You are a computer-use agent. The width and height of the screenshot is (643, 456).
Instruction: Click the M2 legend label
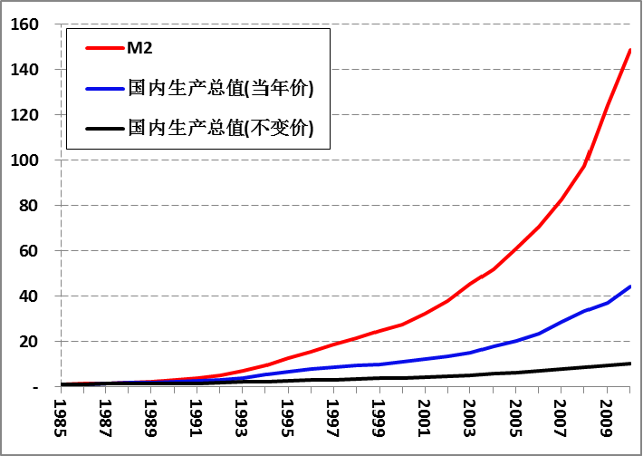139,46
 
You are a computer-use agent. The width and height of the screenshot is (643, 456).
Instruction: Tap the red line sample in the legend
103,46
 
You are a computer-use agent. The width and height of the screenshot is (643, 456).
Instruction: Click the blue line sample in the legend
103,88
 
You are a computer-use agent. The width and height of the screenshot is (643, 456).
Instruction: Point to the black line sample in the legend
103,128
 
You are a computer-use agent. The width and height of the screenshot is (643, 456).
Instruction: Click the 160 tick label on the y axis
24,24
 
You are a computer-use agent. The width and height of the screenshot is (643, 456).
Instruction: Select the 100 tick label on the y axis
24,160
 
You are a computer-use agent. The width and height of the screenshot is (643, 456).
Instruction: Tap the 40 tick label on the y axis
28,296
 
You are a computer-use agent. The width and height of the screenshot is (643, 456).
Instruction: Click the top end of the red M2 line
629,50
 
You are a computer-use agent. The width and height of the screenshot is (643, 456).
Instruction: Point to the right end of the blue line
629,286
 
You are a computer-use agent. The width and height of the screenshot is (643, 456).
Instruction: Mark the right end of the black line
629,364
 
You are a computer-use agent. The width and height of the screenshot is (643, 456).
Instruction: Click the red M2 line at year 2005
515,247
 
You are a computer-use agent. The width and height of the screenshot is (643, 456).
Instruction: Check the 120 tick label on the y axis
24,115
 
